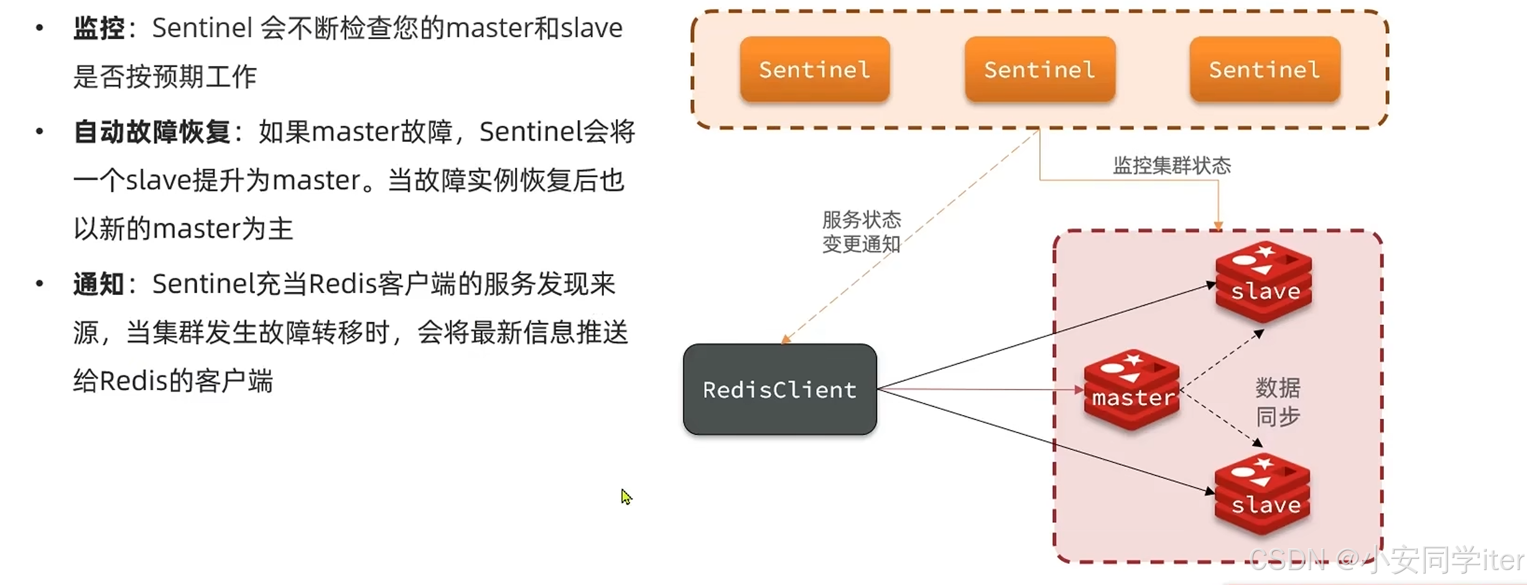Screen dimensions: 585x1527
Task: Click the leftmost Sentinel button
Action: pos(814,69)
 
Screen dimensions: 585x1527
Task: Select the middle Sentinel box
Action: pos(1039,69)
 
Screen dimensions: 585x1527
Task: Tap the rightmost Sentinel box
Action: pos(1265,69)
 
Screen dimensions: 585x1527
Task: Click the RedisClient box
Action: pos(779,390)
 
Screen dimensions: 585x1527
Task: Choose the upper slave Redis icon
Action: pos(1264,282)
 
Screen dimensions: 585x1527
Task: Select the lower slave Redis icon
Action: pos(1263,495)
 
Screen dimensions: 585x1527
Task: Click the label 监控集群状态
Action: pos(1172,166)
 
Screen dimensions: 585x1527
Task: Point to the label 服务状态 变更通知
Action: pos(861,232)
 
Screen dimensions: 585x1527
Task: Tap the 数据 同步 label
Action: pos(1278,402)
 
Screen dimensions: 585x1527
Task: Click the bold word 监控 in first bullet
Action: pos(99,29)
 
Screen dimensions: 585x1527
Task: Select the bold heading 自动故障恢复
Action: pos(152,132)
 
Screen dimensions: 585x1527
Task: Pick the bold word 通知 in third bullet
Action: pos(99,284)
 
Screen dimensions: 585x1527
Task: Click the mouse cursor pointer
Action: pos(625,496)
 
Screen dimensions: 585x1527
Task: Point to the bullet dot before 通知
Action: pos(40,284)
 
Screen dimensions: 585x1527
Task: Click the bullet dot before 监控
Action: pos(40,28)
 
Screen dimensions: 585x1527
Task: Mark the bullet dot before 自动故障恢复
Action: pos(40,131)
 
